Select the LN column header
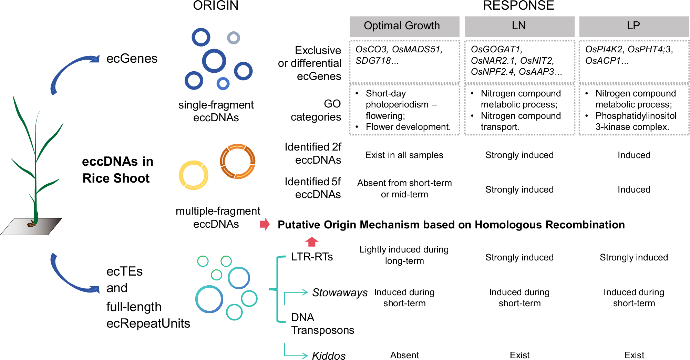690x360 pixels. click(519, 26)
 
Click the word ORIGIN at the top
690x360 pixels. click(215, 6)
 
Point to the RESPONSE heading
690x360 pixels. click(518, 6)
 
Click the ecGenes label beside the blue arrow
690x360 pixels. click(132, 59)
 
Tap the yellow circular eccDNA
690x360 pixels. click(194, 175)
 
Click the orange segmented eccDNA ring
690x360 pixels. click(238, 161)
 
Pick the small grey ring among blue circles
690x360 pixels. click(234, 38)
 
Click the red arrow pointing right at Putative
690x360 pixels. click(265, 224)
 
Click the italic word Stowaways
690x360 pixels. click(340, 292)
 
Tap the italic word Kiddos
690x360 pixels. click(329, 355)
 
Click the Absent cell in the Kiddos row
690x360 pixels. click(404, 355)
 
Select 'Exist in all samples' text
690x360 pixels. click(404, 155)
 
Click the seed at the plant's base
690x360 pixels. click(32, 224)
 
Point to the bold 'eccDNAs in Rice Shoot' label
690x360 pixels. click(117, 170)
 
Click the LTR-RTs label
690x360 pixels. click(312, 257)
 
